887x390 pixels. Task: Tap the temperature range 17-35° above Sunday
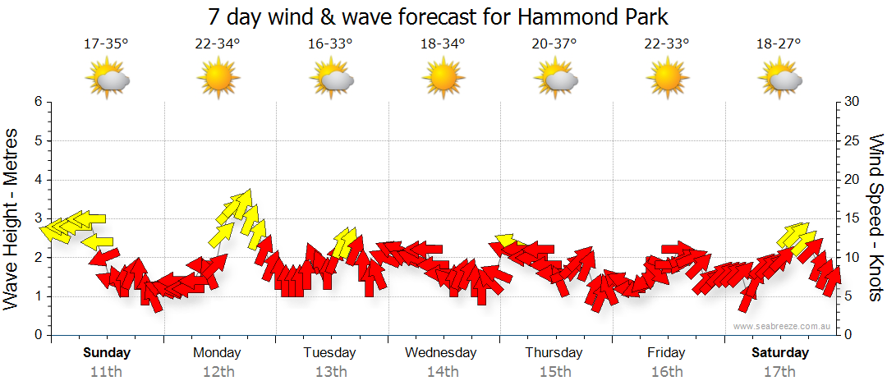(106, 44)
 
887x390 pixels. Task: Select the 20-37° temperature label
(555, 44)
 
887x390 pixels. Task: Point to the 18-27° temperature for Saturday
(779, 44)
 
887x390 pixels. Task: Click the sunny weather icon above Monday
(218, 79)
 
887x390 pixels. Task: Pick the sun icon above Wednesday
(443, 79)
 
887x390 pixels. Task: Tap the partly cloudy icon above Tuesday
(331, 79)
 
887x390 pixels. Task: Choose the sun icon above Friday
(667, 79)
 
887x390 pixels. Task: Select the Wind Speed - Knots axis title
(874, 218)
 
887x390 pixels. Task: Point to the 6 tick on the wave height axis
(38, 102)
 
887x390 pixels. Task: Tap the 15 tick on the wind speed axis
(853, 218)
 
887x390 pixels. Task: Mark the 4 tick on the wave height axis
(38, 180)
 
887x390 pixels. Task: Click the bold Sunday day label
(106, 353)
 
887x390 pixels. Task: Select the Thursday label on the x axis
(554, 353)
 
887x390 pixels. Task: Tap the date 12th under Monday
(218, 372)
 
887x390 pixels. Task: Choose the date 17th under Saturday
(779, 372)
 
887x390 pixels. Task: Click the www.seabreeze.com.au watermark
(783, 326)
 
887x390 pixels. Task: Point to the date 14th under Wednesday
(442, 372)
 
